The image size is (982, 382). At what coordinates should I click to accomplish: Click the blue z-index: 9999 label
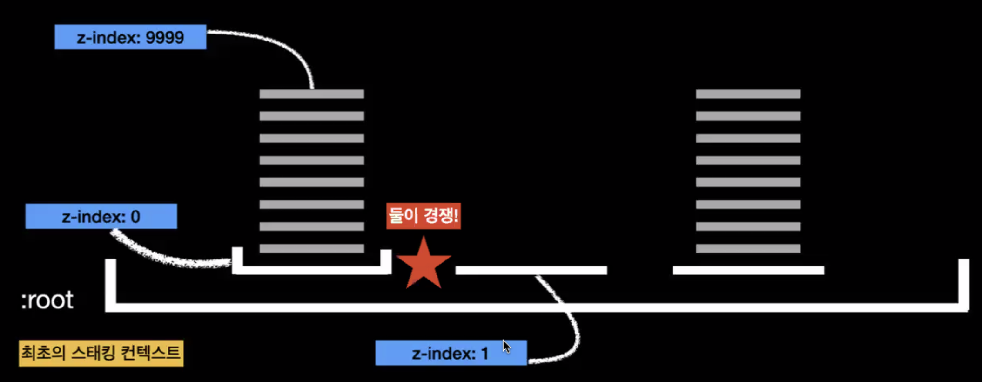coord(130,37)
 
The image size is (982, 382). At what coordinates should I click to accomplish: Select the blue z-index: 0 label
coord(101,216)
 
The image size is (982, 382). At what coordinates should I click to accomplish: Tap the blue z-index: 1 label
coord(451,353)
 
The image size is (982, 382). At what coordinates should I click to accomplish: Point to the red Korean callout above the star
coord(424,216)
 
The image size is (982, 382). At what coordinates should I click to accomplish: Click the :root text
coord(47,300)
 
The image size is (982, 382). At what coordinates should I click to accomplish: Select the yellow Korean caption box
coord(101,353)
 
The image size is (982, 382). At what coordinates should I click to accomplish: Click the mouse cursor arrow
coord(506,347)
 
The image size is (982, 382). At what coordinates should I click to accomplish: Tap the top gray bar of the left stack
coord(312,94)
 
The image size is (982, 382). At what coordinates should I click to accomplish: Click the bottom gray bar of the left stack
coord(312,249)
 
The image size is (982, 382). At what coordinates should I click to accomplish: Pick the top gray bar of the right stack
coord(748,94)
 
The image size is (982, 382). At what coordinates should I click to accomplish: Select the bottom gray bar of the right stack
coord(748,249)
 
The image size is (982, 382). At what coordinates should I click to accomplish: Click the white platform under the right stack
coord(748,270)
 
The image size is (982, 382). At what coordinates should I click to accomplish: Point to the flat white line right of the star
coord(531,270)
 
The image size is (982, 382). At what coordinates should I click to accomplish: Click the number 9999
coord(164,37)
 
